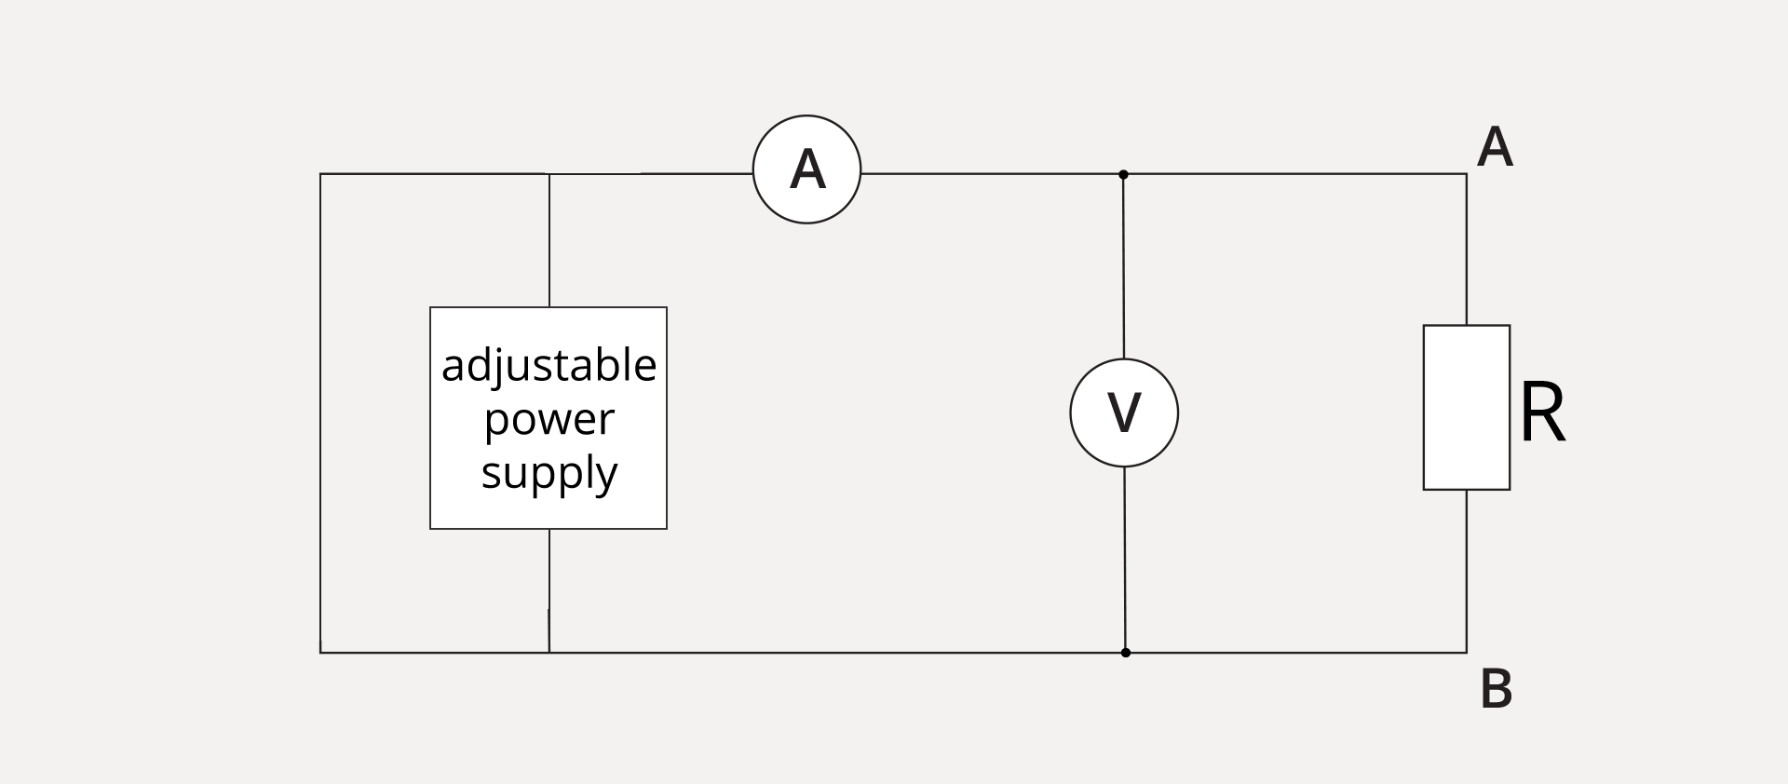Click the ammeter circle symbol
[x=806, y=169]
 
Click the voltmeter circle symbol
[x=1124, y=412]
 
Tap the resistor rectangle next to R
[x=1466, y=407]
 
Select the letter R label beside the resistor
[x=1542, y=413]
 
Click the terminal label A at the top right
[x=1495, y=147]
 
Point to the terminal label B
[x=1496, y=690]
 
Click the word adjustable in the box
[x=549, y=366]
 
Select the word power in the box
[x=549, y=420]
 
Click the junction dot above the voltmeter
[x=1123, y=174]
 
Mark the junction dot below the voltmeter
[x=1125, y=653]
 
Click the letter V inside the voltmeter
[x=1124, y=412]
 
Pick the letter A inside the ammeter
[x=806, y=169]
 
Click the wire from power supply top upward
[x=549, y=240]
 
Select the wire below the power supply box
[x=549, y=590]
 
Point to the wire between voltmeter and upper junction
[x=1123, y=266]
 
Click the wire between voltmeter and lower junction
[x=1125, y=559]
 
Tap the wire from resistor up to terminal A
[x=1467, y=250]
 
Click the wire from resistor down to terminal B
[x=1467, y=571]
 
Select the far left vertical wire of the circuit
[x=320, y=413]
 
